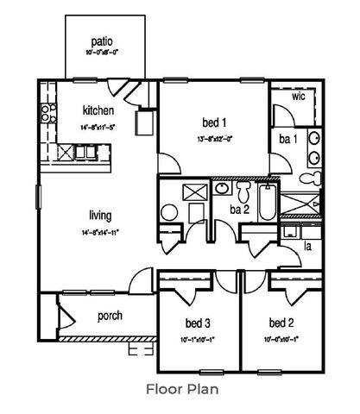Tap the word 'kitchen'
98,110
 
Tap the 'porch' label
110,316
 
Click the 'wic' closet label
299,97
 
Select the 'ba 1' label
287,138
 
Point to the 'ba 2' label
241,208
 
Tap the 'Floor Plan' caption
180,389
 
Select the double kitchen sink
85,152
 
